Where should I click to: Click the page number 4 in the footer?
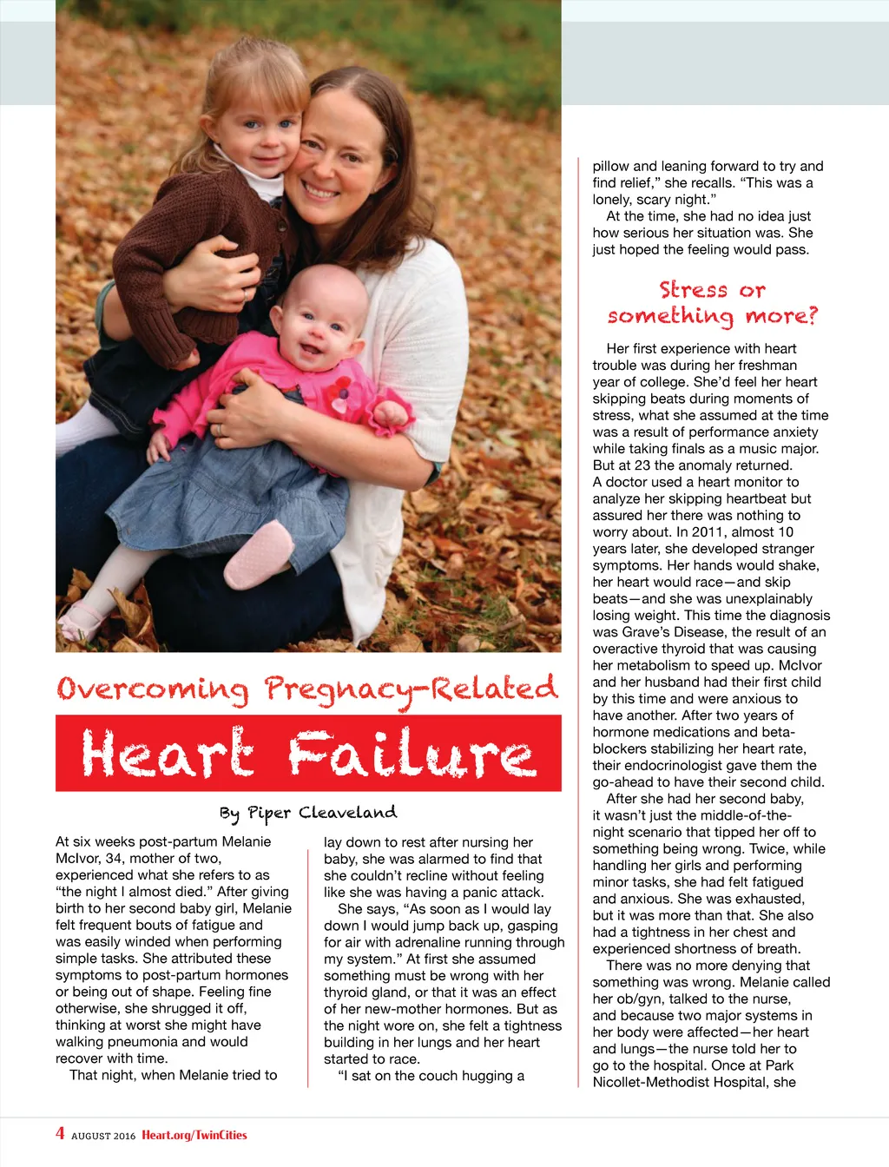tap(60, 1133)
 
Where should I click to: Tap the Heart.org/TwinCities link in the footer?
tap(194, 1135)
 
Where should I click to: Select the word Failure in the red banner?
tap(412, 753)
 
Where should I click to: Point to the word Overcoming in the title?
tap(153, 689)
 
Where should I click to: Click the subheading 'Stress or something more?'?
tap(712, 302)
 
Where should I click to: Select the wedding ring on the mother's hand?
tap(219, 429)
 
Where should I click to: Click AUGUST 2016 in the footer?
tap(103, 1136)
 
